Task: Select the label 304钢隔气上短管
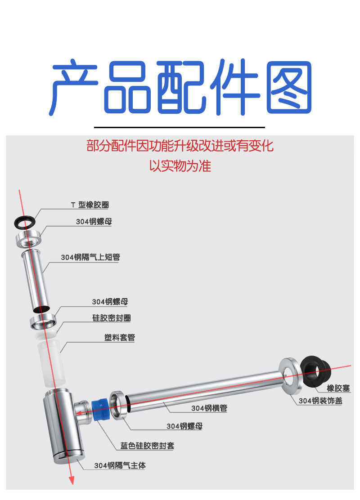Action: point(90,258)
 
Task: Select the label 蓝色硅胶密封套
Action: point(147,446)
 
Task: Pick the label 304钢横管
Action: point(209,408)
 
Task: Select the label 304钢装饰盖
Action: point(320,401)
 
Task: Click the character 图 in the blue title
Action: point(289,87)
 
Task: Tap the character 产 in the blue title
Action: point(74,87)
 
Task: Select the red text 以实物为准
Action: point(180,166)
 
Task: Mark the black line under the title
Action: point(180,127)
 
